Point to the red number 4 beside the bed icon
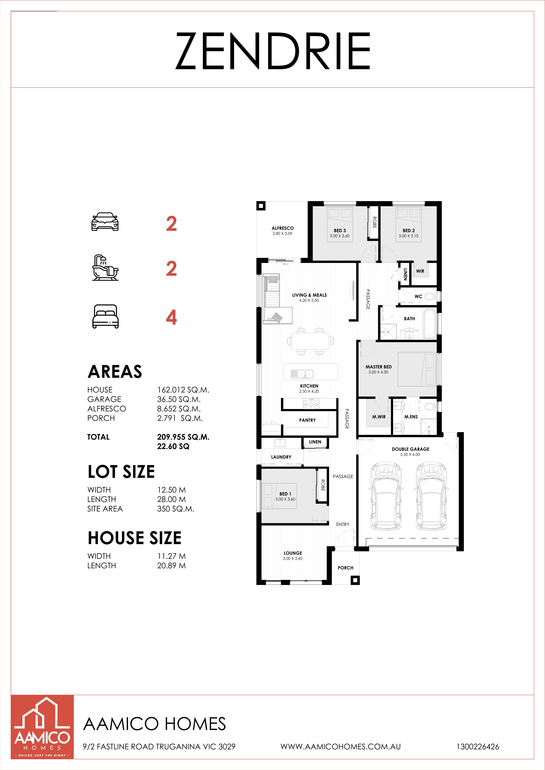171,317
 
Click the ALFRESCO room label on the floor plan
283,228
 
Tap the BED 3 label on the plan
340,230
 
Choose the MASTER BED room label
378,367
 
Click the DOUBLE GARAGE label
410,449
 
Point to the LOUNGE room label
293,553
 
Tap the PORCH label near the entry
345,568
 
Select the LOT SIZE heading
121,472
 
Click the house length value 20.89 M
171,565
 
